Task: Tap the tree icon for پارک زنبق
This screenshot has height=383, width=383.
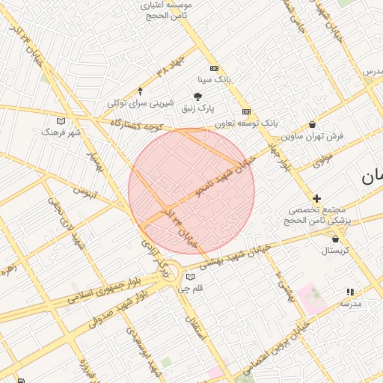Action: [197, 96]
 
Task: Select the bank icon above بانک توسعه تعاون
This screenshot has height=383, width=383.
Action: [246, 111]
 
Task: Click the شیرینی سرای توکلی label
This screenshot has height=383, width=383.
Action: [141, 103]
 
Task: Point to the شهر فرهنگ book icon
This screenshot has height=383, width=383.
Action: [61, 121]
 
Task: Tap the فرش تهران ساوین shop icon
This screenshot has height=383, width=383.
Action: [312, 125]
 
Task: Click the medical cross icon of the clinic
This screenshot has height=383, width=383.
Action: [317, 198]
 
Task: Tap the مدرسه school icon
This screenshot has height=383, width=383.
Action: [349, 292]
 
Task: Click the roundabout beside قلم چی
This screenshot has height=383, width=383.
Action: [171, 272]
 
